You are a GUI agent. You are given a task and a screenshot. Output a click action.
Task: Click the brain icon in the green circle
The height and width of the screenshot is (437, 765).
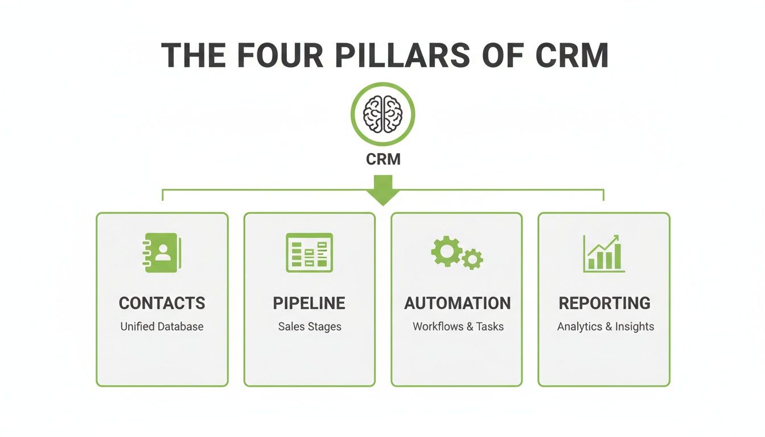pyautogui.click(x=383, y=114)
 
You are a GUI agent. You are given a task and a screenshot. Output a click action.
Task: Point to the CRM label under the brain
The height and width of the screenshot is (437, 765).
pyautogui.click(x=383, y=159)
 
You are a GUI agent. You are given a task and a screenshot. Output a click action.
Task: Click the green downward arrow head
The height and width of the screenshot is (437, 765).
pyautogui.click(x=383, y=197)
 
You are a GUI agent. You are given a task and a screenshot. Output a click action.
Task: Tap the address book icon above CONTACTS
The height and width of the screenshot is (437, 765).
pyautogui.click(x=162, y=252)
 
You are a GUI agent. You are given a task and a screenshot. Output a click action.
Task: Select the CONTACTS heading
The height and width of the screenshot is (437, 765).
pyautogui.click(x=162, y=303)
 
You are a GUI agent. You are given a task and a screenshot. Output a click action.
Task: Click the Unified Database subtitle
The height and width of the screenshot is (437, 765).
pyautogui.click(x=162, y=327)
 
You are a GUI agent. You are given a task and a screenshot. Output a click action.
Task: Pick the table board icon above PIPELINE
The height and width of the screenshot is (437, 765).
pyautogui.click(x=309, y=252)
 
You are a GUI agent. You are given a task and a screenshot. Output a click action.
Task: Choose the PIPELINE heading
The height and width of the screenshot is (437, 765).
pyautogui.click(x=309, y=303)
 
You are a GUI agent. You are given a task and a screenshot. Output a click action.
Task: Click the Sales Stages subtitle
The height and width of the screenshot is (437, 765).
pyautogui.click(x=309, y=327)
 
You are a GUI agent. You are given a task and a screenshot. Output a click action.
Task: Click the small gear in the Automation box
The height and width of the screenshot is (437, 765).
pyautogui.click(x=472, y=259)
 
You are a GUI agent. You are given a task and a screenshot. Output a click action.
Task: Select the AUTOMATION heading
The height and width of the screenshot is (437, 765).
pyautogui.click(x=457, y=303)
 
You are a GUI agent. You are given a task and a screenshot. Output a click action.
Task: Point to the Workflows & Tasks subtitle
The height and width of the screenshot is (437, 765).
pyautogui.click(x=458, y=327)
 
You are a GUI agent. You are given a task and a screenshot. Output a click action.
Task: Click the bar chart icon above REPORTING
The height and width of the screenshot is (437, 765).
pyautogui.click(x=604, y=253)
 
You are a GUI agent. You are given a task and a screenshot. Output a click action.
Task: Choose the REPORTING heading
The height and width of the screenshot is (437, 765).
pyautogui.click(x=604, y=303)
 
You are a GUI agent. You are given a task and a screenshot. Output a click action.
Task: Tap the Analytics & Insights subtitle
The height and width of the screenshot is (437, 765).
pyautogui.click(x=605, y=327)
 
